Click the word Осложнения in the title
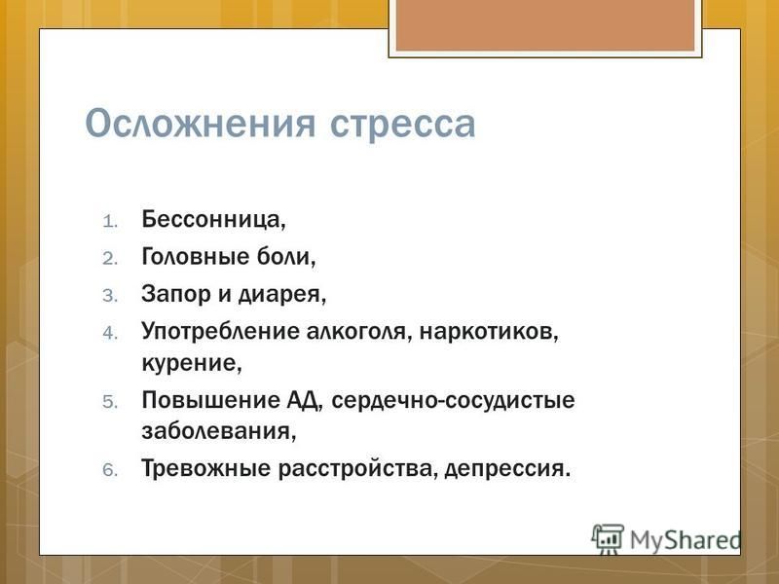click(201, 124)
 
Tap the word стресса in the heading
click(403, 125)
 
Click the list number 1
click(110, 221)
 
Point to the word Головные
click(196, 256)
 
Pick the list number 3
click(110, 296)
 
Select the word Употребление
click(220, 331)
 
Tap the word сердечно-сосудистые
click(453, 400)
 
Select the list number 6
click(110, 469)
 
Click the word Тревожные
click(205, 468)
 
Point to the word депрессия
click(507, 469)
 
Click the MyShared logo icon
click(608, 539)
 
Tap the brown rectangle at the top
click(545, 25)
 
